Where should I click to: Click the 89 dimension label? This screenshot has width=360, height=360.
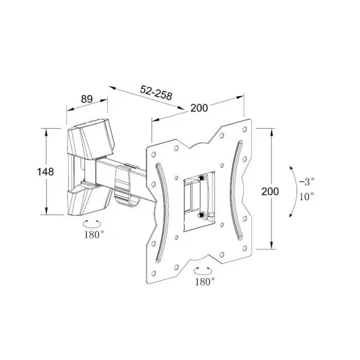point(87,99)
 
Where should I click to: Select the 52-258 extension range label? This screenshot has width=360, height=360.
point(156,93)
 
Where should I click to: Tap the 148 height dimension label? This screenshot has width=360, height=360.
point(45,171)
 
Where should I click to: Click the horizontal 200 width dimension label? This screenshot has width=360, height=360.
point(199,107)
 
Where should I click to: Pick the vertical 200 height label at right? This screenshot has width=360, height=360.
point(270,191)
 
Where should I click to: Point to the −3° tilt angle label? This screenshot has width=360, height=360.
point(307,182)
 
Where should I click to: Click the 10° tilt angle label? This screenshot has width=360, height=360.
point(307,196)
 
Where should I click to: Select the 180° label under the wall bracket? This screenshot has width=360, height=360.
point(94,235)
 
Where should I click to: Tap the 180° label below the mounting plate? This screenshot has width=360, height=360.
point(205,281)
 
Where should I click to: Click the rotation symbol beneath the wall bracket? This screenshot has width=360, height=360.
point(92,224)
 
